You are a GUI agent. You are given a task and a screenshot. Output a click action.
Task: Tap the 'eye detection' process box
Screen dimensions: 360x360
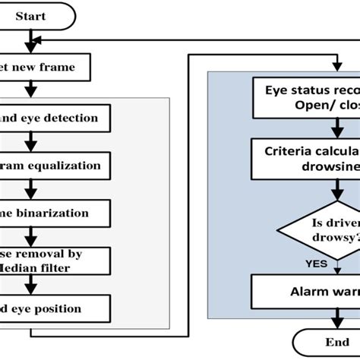click(x=58, y=118)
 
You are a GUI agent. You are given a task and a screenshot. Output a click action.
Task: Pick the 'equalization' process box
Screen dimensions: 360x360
click(x=58, y=165)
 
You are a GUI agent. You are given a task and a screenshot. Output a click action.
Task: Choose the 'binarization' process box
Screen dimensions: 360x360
click(x=58, y=213)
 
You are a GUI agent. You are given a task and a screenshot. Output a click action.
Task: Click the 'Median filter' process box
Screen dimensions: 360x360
click(x=58, y=261)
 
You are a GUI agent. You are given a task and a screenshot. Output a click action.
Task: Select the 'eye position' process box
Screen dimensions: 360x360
click(x=58, y=308)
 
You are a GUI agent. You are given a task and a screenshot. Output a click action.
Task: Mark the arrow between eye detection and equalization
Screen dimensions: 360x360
click(x=30, y=141)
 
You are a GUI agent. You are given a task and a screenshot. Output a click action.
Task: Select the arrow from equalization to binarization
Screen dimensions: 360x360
click(x=30, y=189)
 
